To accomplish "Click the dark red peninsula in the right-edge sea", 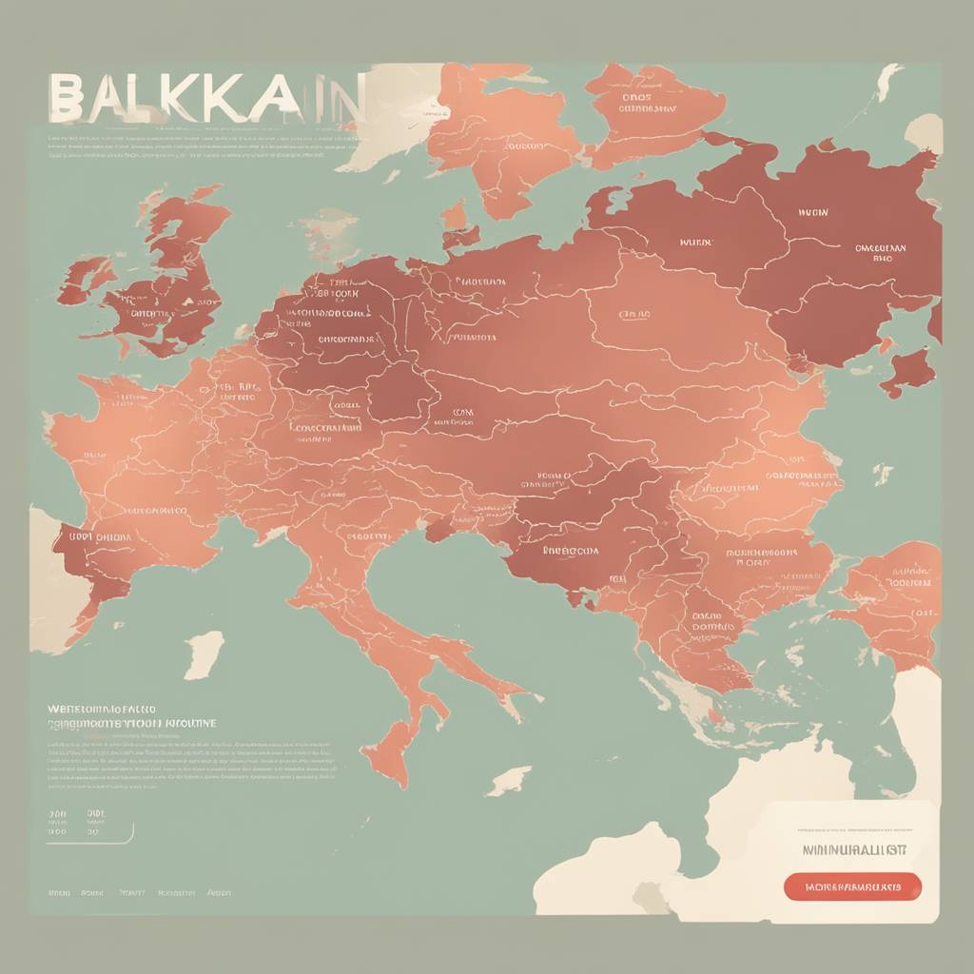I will tap(907, 371).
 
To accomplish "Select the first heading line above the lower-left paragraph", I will tap(103, 710).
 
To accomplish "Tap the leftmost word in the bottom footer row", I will tap(59, 894).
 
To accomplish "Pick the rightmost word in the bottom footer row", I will tap(219, 894).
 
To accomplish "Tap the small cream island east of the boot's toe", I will tap(509, 780).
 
